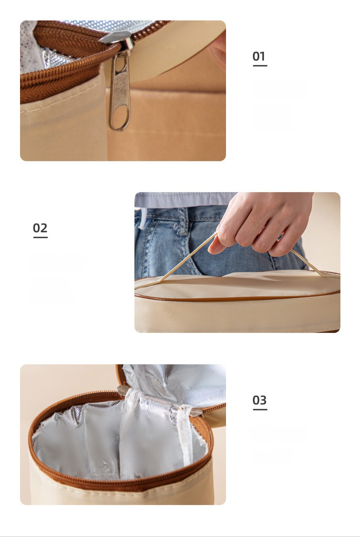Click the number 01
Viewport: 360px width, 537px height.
[259, 56]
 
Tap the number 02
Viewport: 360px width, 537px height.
[40, 228]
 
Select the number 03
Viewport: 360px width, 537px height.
[259, 399]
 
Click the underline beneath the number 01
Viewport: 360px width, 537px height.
[260, 65]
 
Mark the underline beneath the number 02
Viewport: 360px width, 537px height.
[41, 237]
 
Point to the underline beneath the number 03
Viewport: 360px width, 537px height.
[260, 409]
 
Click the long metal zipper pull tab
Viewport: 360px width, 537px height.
[120, 92]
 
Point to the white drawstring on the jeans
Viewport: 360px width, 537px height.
[141, 219]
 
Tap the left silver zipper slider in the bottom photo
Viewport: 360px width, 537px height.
[122, 390]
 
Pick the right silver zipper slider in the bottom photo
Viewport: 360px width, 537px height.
[196, 412]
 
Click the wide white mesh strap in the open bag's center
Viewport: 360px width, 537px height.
[132, 435]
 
